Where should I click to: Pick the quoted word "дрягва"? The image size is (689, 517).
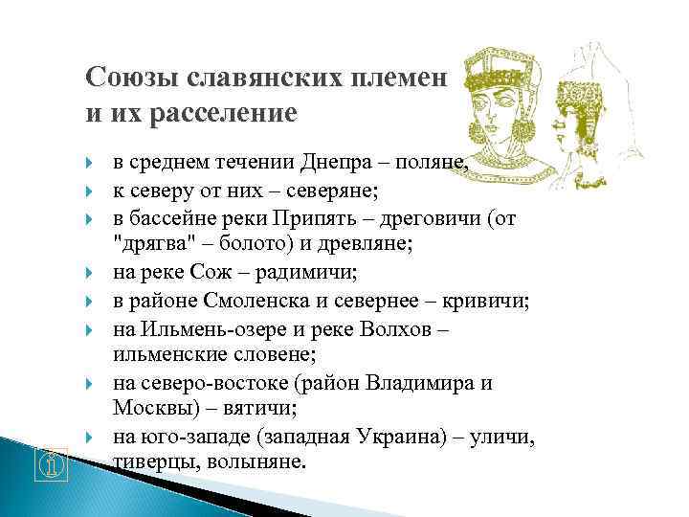pos(146,245)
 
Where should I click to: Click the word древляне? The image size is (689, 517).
pos(367,245)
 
